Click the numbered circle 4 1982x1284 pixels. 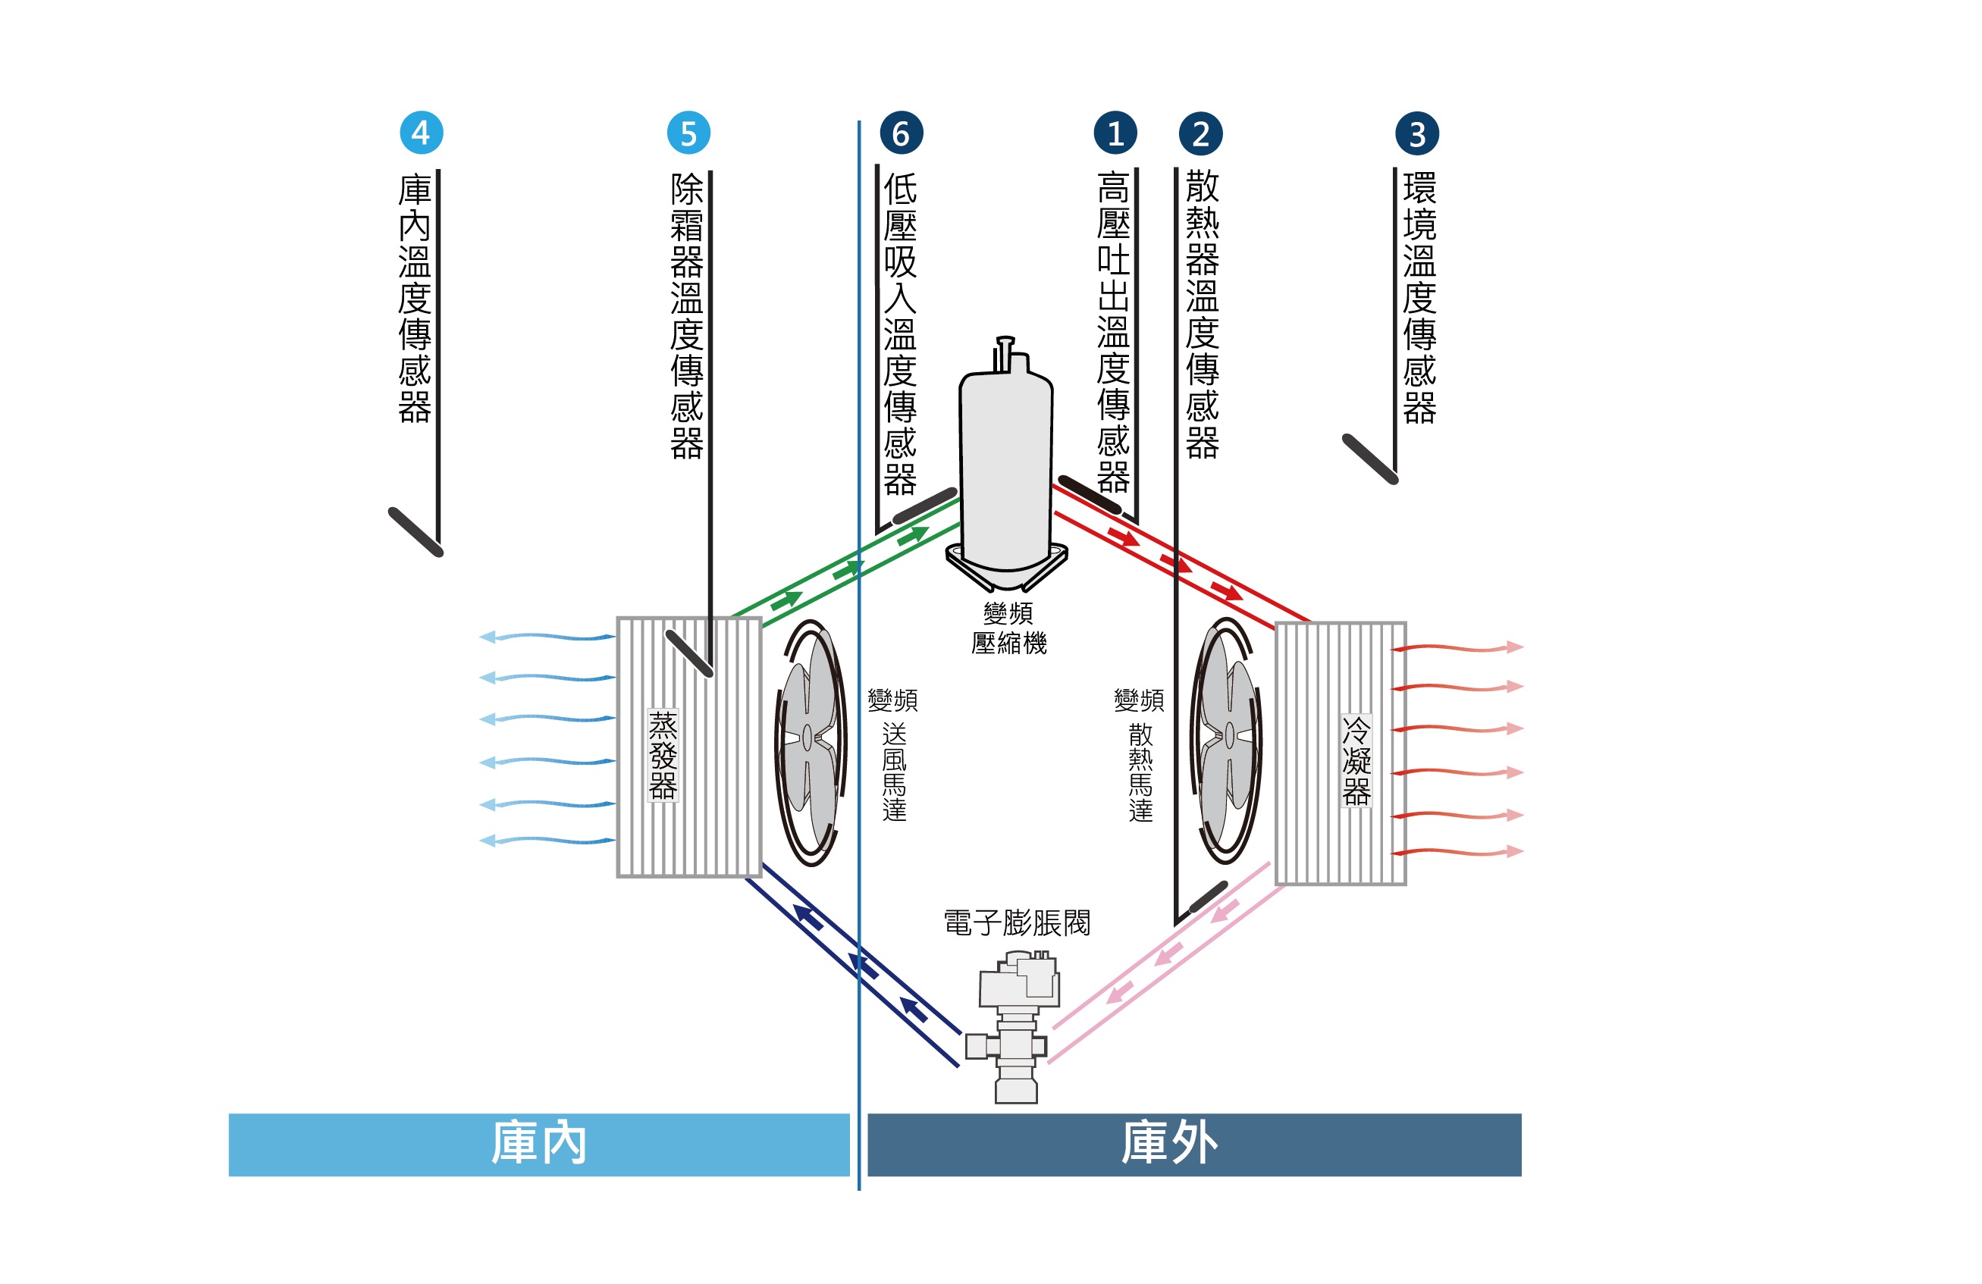point(422,133)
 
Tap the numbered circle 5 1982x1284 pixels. point(688,133)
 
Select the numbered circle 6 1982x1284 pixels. point(902,133)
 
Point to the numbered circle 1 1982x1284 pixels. point(1115,133)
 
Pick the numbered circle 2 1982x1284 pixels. point(1201,133)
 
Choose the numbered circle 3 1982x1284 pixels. point(1417,133)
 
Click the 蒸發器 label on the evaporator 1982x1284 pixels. point(663,755)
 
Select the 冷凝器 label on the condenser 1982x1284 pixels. point(1356,760)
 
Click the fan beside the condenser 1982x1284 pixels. point(1227,741)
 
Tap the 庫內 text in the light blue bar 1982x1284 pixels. point(539,1142)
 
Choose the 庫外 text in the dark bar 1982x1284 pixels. point(1170,1142)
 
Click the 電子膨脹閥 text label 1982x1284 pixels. point(1017,922)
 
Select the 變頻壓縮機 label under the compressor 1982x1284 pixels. point(1008,628)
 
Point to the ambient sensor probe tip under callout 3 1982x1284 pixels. point(1370,459)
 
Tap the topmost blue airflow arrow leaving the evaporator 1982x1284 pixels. point(547,637)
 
